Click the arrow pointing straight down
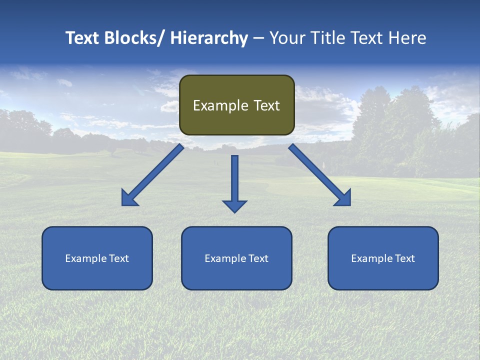tap(234, 182)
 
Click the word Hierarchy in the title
tap(209, 38)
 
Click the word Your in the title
tap(286, 38)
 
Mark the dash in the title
tap(258, 38)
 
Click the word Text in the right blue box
tap(404, 258)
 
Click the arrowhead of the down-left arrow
tap(129, 198)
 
